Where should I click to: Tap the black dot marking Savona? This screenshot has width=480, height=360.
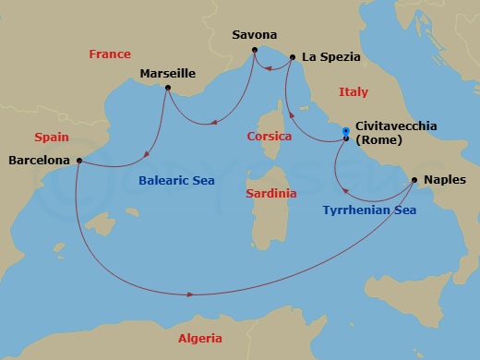(x=257, y=52)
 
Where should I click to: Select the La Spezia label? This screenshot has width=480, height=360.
(x=330, y=57)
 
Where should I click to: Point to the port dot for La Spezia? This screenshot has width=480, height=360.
(x=293, y=57)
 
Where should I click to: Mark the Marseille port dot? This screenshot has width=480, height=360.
(x=167, y=89)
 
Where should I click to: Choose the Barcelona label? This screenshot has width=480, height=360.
(x=39, y=160)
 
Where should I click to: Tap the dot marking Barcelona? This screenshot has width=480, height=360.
(x=79, y=161)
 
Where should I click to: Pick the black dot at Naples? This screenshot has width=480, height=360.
(x=414, y=180)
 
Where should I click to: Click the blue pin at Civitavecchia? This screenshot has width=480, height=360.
(x=345, y=131)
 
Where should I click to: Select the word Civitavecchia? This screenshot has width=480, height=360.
(x=396, y=126)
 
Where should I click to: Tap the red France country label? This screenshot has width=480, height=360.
(x=109, y=54)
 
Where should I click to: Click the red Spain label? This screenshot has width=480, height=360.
(x=52, y=137)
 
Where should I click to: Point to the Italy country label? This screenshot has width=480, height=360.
(x=353, y=92)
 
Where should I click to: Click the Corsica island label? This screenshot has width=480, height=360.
(x=270, y=137)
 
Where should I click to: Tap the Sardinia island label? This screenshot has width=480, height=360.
(x=271, y=194)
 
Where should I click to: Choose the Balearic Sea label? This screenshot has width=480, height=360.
(x=177, y=181)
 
